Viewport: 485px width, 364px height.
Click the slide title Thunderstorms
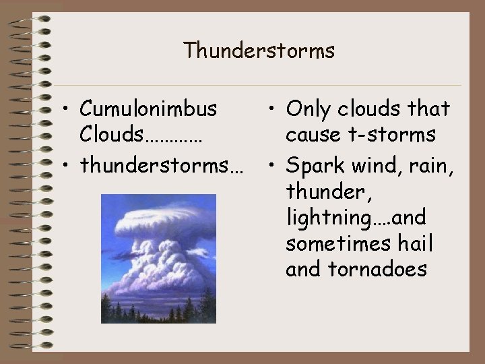(x=259, y=51)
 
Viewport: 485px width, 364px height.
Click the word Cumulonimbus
(x=148, y=108)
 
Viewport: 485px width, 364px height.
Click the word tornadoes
(x=377, y=270)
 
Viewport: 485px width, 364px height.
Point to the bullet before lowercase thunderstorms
(x=67, y=166)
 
